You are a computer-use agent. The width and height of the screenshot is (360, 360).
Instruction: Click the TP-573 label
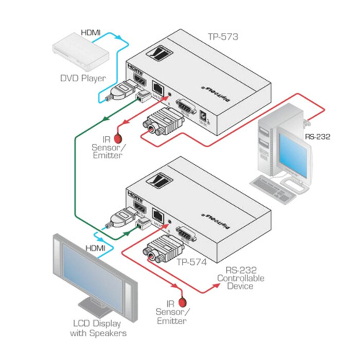[x=223, y=36]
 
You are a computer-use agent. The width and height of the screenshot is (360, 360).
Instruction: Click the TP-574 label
[x=191, y=262]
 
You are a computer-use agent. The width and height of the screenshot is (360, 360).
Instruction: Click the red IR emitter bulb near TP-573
[x=118, y=138]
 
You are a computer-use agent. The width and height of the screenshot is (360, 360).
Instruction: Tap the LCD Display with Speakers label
[x=96, y=328]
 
